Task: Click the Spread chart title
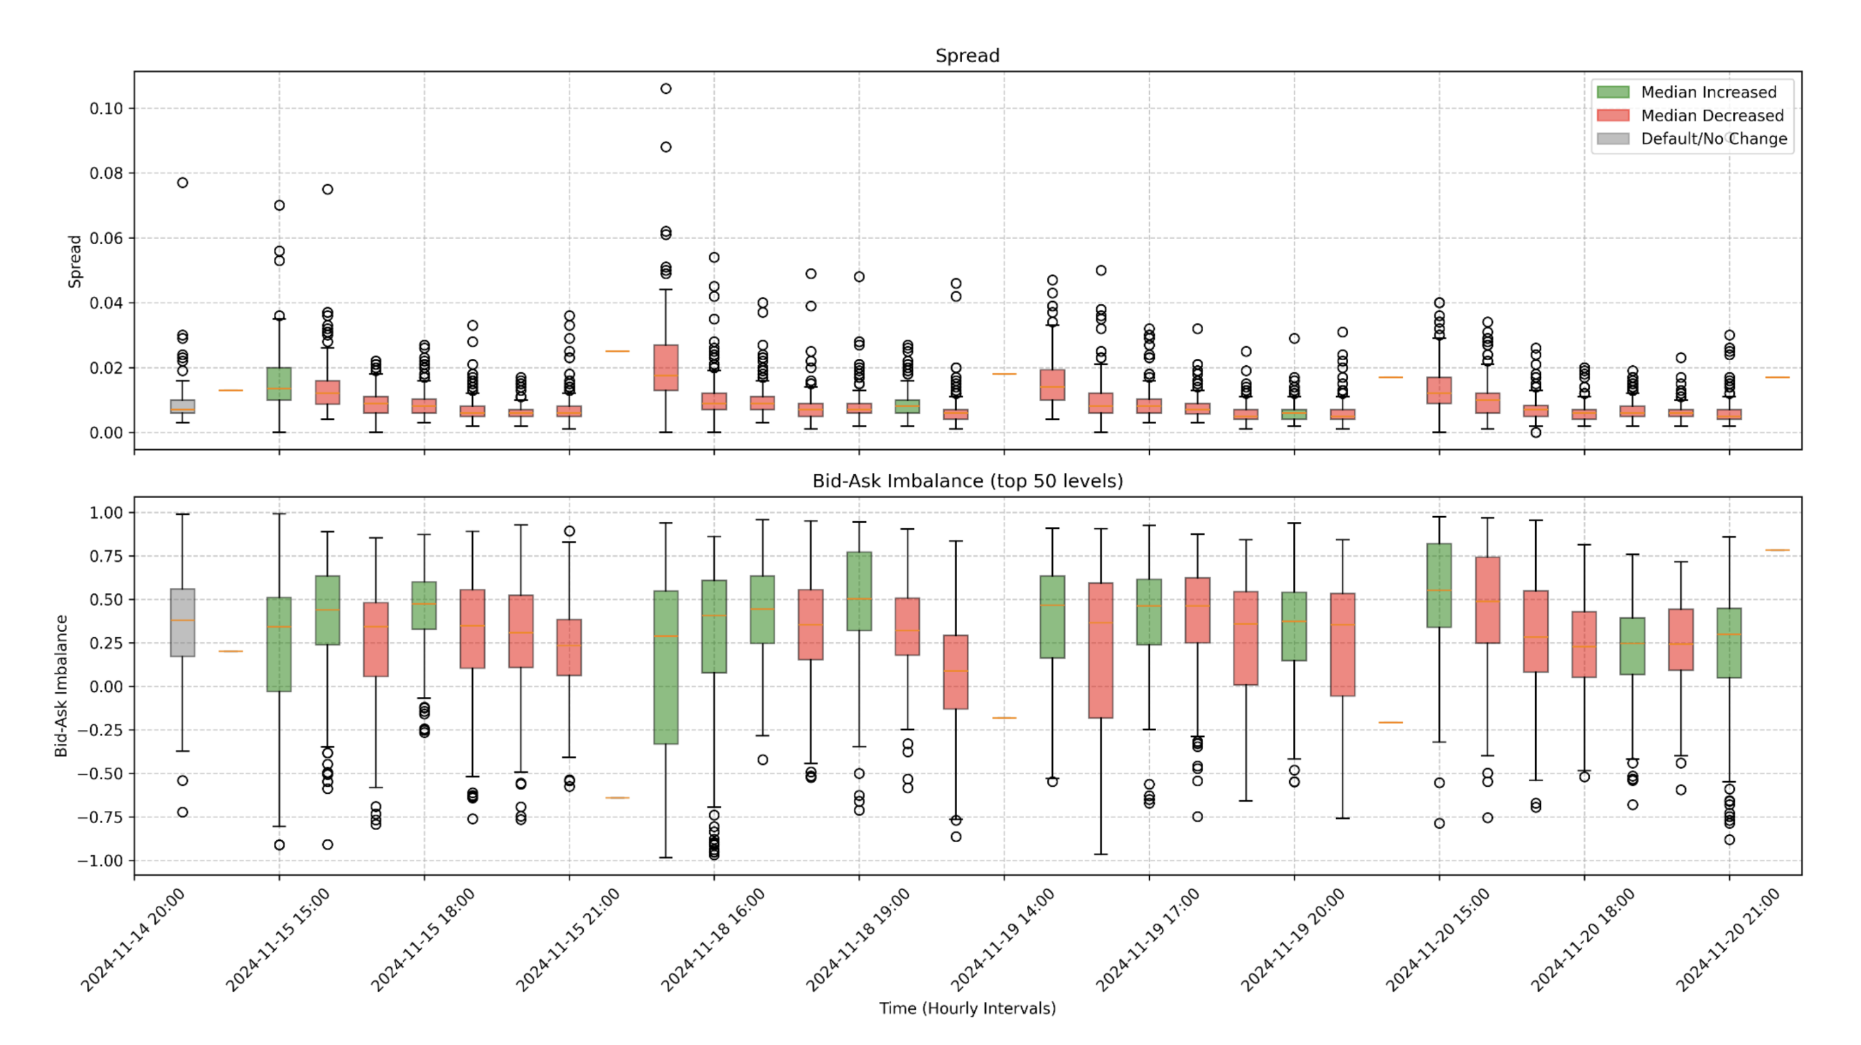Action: [967, 56]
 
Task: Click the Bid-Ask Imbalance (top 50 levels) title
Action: [967, 481]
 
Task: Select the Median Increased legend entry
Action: [1708, 92]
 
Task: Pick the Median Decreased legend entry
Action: [1711, 115]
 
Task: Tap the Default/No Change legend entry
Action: [1713, 139]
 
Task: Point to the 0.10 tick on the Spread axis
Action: [106, 108]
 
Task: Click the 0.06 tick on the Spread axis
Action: [106, 238]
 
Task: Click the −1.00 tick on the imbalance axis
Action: [101, 860]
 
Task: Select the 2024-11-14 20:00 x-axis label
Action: [134, 940]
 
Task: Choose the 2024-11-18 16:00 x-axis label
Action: [713, 940]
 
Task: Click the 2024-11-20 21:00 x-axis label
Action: [1728, 940]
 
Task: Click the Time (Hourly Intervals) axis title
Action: [967, 1008]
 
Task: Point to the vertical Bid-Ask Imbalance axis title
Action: [61, 686]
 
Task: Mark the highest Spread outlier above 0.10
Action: [666, 89]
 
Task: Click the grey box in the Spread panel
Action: [182, 406]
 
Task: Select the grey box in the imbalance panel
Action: [182, 622]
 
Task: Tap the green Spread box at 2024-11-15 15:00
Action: [279, 384]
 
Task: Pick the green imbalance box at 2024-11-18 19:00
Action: [859, 591]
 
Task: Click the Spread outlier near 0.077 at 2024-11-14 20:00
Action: [182, 183]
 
